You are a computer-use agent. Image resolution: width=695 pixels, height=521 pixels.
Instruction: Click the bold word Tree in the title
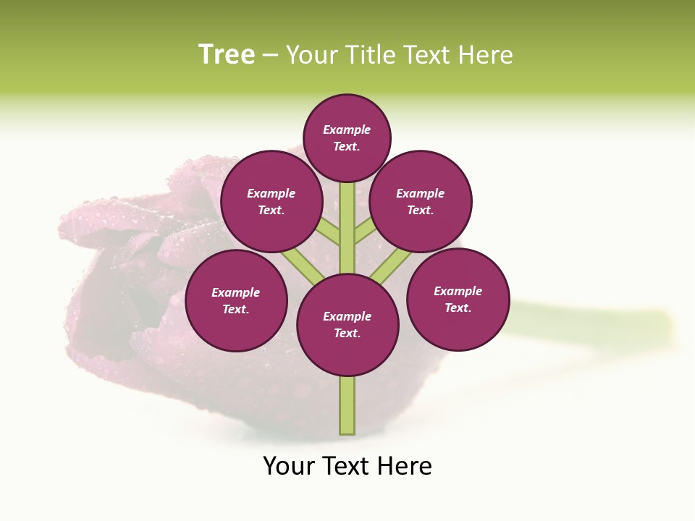[x=227, y=55]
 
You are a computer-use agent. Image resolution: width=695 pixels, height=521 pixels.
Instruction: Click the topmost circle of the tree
[x=347, y=137]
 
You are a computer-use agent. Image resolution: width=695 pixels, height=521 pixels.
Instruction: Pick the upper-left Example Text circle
[x=271, y=201]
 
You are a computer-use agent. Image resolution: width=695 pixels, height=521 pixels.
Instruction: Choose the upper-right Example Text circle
[x=421, y=201]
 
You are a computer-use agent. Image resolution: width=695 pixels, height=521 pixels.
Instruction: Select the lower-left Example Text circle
[x=236, y=300]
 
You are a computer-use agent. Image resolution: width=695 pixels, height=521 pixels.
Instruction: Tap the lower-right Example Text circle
[x=458, y=299]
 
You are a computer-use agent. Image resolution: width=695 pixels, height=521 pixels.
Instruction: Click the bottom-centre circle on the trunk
[x=347, y=324]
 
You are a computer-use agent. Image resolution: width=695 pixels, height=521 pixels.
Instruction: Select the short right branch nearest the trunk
[x=365, y=230]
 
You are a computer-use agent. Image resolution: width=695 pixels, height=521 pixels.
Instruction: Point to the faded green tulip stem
[x=594, y=323]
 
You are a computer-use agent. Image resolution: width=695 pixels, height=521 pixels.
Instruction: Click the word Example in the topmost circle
[x=347, y=130]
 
